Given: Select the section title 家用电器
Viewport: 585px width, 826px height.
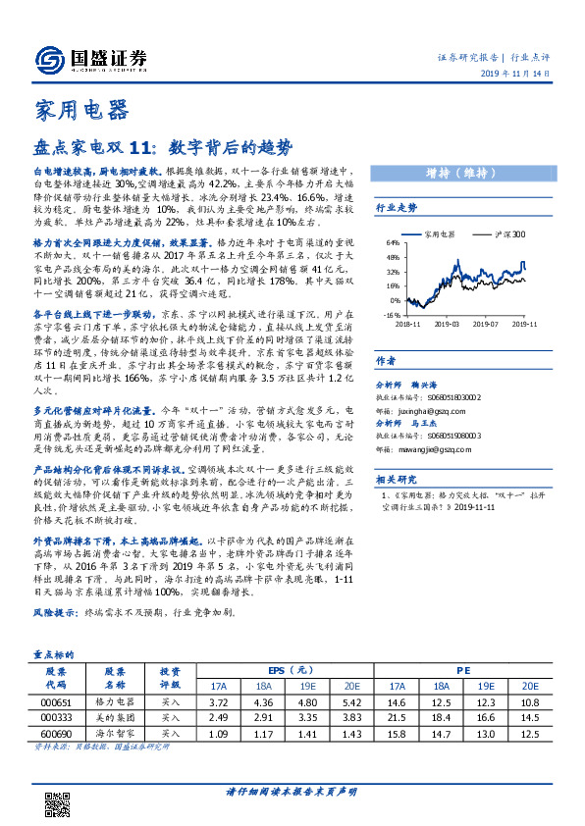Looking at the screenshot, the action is pyautogui.click(x=75, y=109).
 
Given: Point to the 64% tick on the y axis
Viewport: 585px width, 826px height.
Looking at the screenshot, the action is pyautogui.click(x=393, y=240).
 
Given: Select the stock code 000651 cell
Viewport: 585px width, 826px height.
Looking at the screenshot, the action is pyautogui.click(x=58, y=704).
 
